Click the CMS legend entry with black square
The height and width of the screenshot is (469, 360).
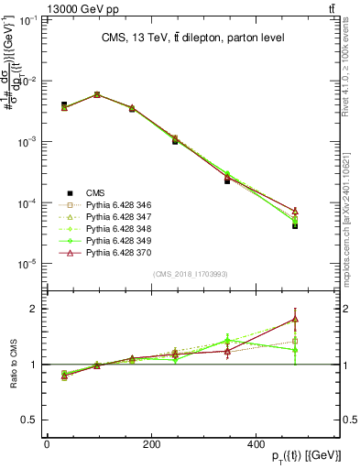point(95,192)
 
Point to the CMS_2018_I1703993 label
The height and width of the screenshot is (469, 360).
point(191,274)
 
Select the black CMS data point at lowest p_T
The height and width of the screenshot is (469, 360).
point(64,105)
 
